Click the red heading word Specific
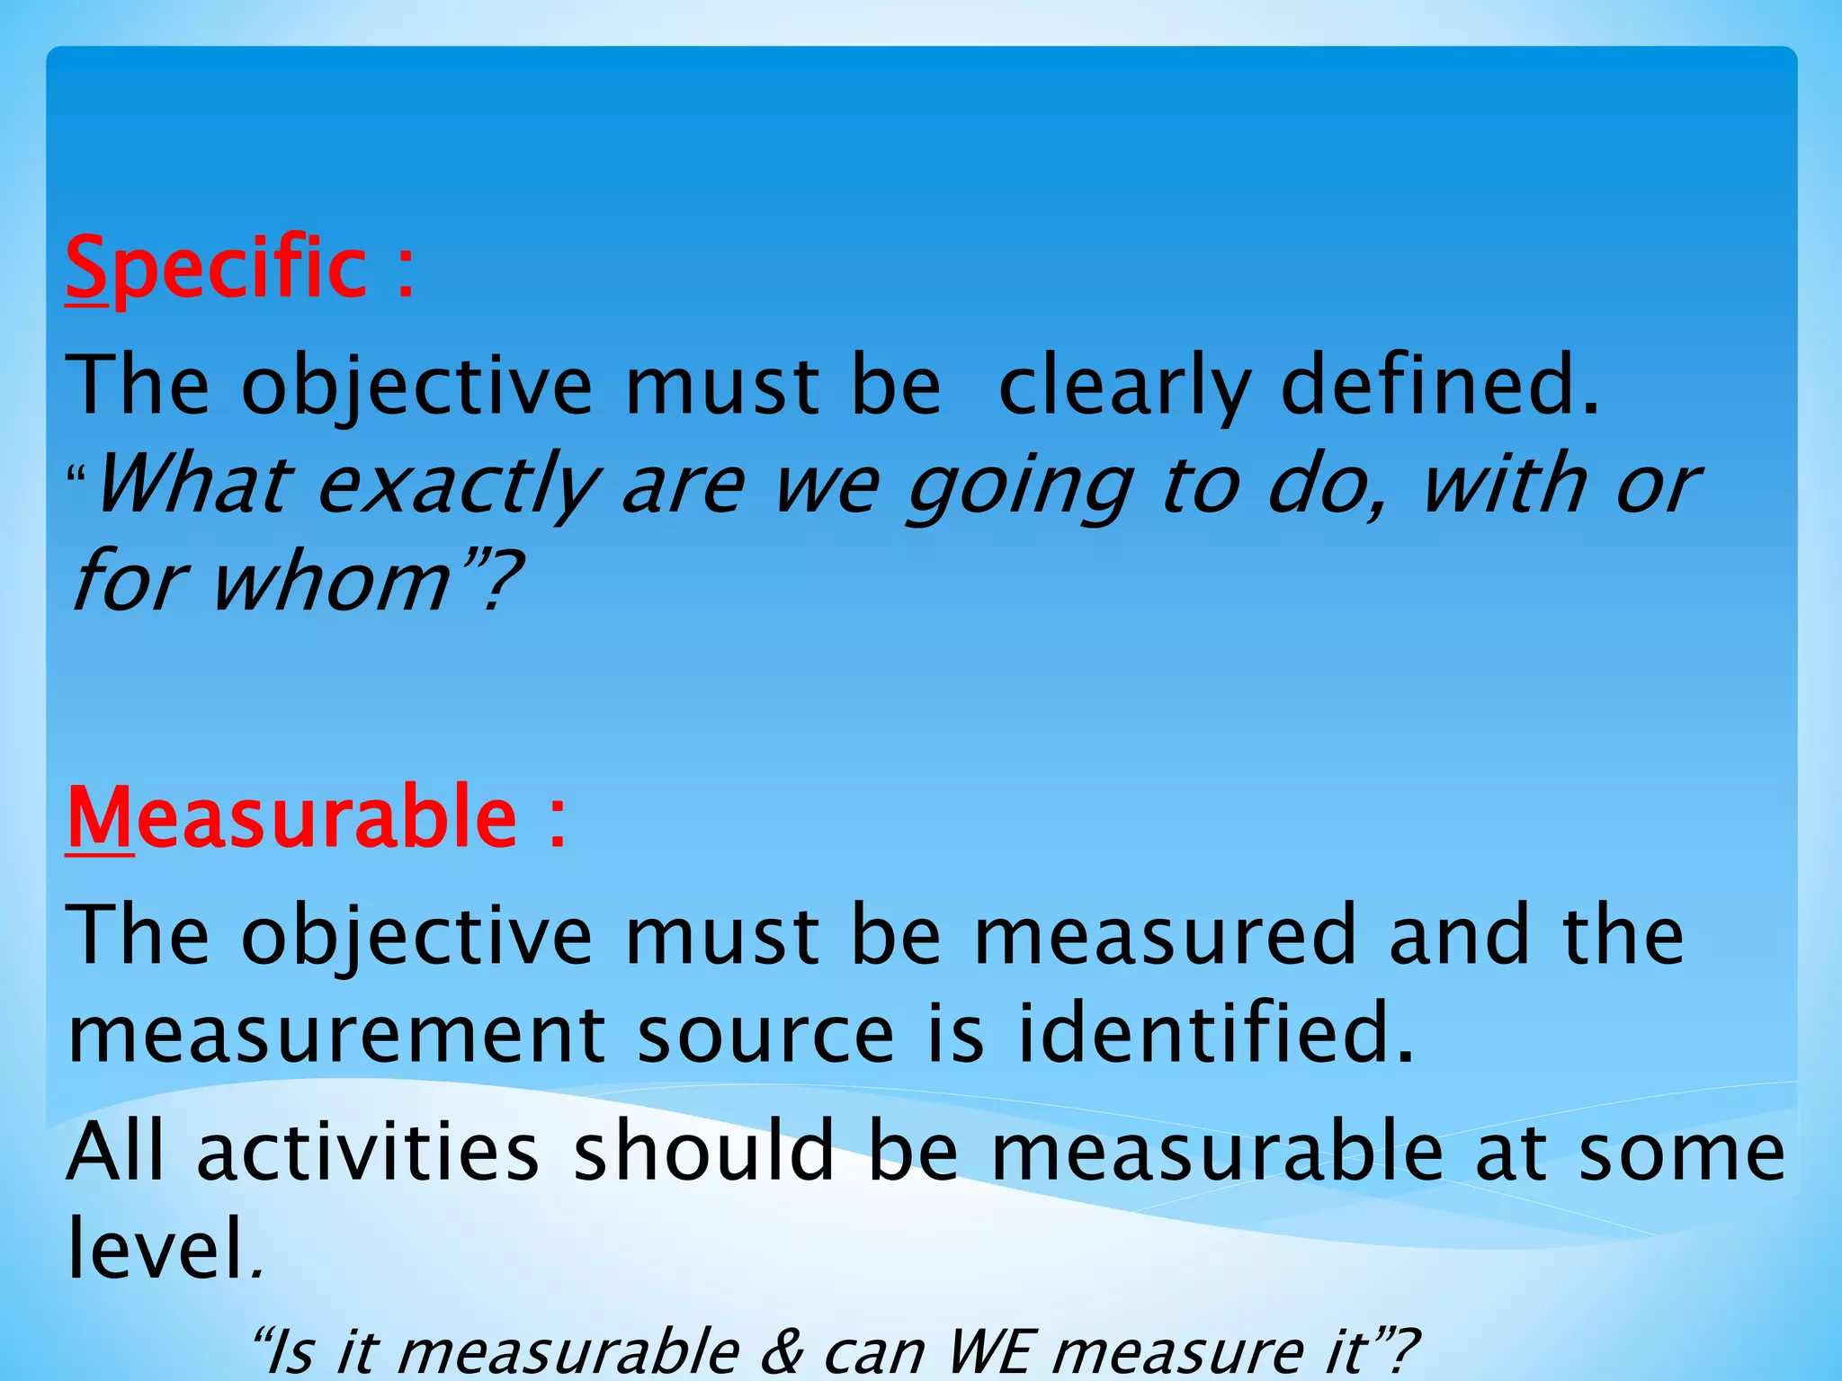click(x=216, y=268)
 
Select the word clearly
click(x=1124, y=387)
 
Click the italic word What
click(x=194, y=486)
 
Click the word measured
click(x=1165, y=935)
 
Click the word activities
click(x=369, y=1153)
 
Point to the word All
click(x=116, y=1153)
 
